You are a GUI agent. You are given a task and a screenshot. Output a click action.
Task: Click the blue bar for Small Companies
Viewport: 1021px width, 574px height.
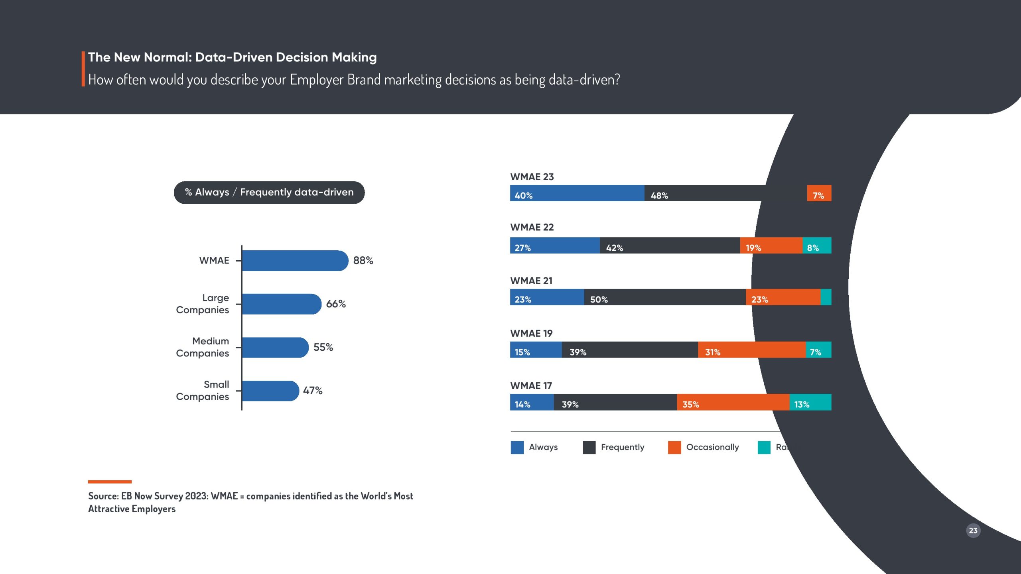point(270,391)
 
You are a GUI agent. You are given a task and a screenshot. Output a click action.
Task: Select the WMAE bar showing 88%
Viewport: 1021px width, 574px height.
point(295,261)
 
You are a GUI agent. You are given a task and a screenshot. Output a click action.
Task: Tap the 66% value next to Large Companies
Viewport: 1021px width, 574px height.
point(336,304)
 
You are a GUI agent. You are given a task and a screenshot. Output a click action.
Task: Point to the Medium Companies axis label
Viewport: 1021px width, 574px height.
point(203,347)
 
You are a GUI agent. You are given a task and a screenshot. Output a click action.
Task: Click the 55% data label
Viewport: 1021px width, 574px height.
point(323,347)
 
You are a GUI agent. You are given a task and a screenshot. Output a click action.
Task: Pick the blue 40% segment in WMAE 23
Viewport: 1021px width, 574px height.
point(577,193)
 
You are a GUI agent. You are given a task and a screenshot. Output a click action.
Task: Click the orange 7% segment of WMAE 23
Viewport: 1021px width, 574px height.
point(819,193)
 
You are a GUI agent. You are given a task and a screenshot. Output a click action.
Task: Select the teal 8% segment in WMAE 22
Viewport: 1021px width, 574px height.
point(817,246)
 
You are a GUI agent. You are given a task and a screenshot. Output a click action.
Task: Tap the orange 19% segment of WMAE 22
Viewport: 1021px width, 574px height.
point(771,246)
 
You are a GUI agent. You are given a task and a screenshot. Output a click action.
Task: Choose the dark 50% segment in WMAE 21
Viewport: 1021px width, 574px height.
point(664,297)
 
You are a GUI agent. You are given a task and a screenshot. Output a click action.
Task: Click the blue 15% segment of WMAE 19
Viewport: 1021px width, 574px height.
point(536,350)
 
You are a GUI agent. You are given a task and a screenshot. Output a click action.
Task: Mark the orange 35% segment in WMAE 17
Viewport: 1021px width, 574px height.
point(733,402)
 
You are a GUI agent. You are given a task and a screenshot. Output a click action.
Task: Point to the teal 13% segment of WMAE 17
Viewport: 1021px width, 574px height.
point(810,402)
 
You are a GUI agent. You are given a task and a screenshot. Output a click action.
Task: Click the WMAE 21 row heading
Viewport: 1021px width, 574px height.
point(531,281)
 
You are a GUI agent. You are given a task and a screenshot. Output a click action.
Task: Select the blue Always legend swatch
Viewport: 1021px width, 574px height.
point(517,447)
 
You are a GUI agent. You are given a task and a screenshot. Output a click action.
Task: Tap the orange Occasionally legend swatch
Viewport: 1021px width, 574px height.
point(674,447)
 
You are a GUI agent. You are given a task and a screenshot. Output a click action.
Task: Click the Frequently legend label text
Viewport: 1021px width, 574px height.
point(622,447)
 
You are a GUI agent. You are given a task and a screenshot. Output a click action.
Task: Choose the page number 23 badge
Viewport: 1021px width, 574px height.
point(973,531)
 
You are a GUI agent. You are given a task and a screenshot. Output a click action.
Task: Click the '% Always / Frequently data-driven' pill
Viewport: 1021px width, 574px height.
point(269,193)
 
